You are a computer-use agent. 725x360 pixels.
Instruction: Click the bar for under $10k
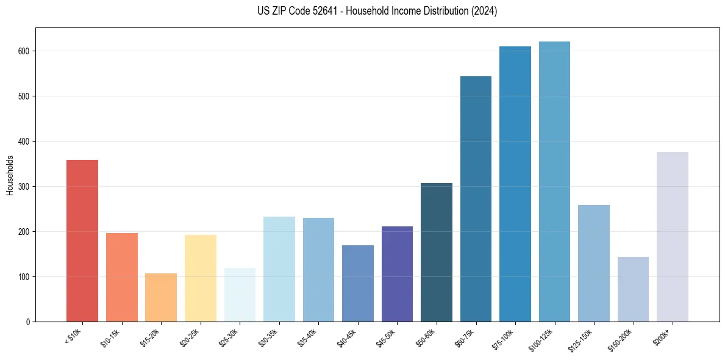click(x=82, y=241)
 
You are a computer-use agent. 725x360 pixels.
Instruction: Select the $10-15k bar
click(x=122, y=278)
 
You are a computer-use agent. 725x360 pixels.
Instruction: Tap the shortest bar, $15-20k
click(x=161, y=298)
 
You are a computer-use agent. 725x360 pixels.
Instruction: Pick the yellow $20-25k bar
click(x=201, y=278)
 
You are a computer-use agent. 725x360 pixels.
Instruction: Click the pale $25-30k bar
click(x=240, y=295)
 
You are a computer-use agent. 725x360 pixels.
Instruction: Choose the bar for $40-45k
click(x=358, y=284)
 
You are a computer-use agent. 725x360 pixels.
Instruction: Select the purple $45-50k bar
click(x=397, y=274)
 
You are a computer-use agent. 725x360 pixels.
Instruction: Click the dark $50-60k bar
click(x=437, y=253)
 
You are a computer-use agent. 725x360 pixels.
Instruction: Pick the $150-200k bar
click(x=633, y=289)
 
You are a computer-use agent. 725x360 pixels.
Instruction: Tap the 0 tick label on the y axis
click(x=28, y=322)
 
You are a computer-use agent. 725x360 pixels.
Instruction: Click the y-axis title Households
click(x=10, y=175)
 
